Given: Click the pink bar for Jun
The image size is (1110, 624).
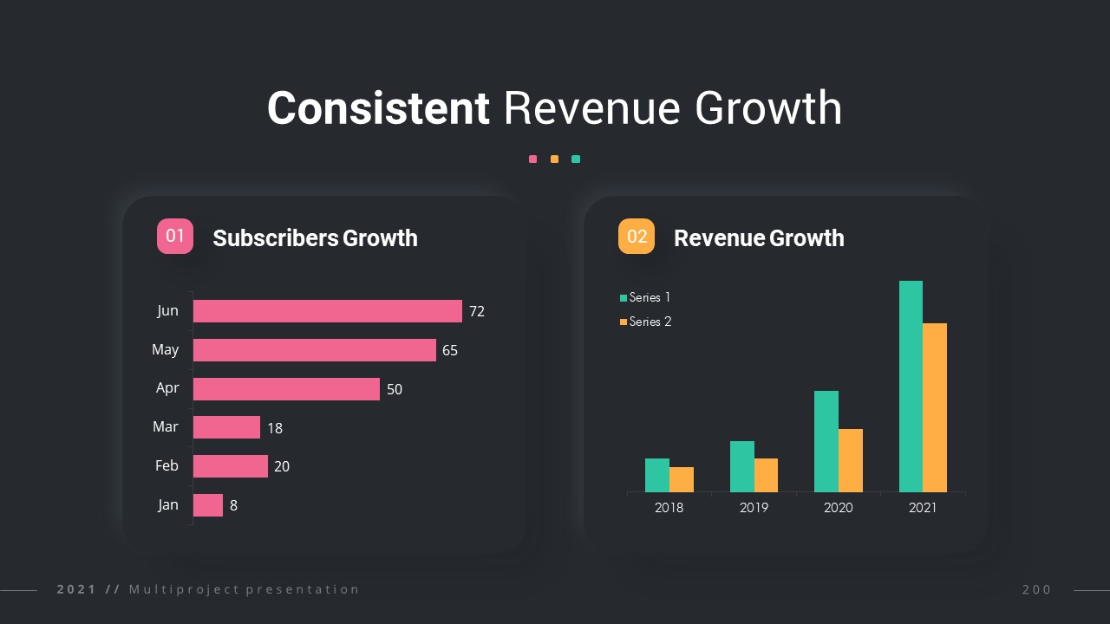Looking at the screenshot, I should pyautogui.click(x=327, y=311).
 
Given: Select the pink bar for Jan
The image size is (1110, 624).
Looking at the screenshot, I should pyautogui.click(x=208, y=505).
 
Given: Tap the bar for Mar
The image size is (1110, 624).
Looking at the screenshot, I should pyautogui.click(x=226, y=427).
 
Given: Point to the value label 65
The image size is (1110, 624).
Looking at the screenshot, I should pyautogui.click(x=450, y=350).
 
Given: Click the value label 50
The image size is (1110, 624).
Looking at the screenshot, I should pyautogui.click(x=395, y=389).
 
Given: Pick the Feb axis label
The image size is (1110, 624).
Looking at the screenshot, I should pyautogui.click(x=166, y=466).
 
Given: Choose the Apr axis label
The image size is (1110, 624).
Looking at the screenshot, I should pyautogui.click(x=167, y=387).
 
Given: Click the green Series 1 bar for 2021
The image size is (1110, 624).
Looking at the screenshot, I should pyautogui.click(x=911, y=387).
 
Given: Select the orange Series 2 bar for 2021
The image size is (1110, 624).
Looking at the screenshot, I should pyautogui.click(x=935, y=407).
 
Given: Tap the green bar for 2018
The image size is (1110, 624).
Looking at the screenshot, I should pyautogui.click(x=657, y=475).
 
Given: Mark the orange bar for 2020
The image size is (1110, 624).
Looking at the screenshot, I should pyautogui.click(x=851, y=460).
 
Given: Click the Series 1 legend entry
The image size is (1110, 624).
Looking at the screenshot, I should pyautogui.click(x=645, y=298).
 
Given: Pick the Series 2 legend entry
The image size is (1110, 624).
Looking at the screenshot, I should pyautogui.click(x=645, y=322).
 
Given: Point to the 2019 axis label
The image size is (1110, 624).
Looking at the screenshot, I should pyautogui.click(x=754, y=508).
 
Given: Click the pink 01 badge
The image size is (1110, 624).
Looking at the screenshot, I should pyautogui.click(x=175, y=237).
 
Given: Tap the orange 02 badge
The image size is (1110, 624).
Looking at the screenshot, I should pyautogui.click(x=637, y=237).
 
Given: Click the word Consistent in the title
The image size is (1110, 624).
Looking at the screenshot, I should pyautogui.click(x=378, y=109).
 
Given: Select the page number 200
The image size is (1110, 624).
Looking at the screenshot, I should pyautogui.click(x=1036, y=590).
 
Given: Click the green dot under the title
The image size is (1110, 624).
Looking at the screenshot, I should pyautogui.click(x=576, y=159).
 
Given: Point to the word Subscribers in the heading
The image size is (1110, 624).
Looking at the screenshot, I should pyautogui.click(x=275, y=238).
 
